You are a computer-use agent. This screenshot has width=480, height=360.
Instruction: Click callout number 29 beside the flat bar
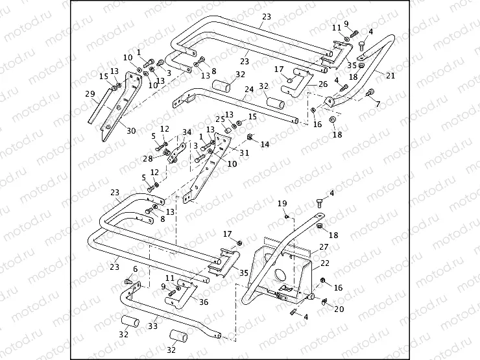pyautogui.click(x=90, y=95)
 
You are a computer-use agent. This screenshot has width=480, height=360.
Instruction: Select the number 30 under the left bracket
pyautogui.click(x=131, y=131)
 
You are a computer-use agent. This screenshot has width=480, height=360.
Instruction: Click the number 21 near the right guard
pyautogui.click(x=390, y=75)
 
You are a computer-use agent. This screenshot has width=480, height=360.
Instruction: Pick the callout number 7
pyautogui.click(x=378, y=104)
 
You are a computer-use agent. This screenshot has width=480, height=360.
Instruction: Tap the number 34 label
pyautogui.click(x=187, y=132)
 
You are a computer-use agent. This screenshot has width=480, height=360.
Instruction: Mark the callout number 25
pyautogui.click(x=220, y=119)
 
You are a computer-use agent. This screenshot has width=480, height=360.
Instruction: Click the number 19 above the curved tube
pyautogui.click(x=282, y=204)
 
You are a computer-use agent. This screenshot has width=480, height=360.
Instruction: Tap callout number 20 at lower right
pyautogui.click(x=338, y=309)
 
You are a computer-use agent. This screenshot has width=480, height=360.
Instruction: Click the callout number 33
pyautogui.click(x=152, y=327)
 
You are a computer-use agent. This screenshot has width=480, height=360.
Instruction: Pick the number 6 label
pyautogui.click(x=135, y=269)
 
